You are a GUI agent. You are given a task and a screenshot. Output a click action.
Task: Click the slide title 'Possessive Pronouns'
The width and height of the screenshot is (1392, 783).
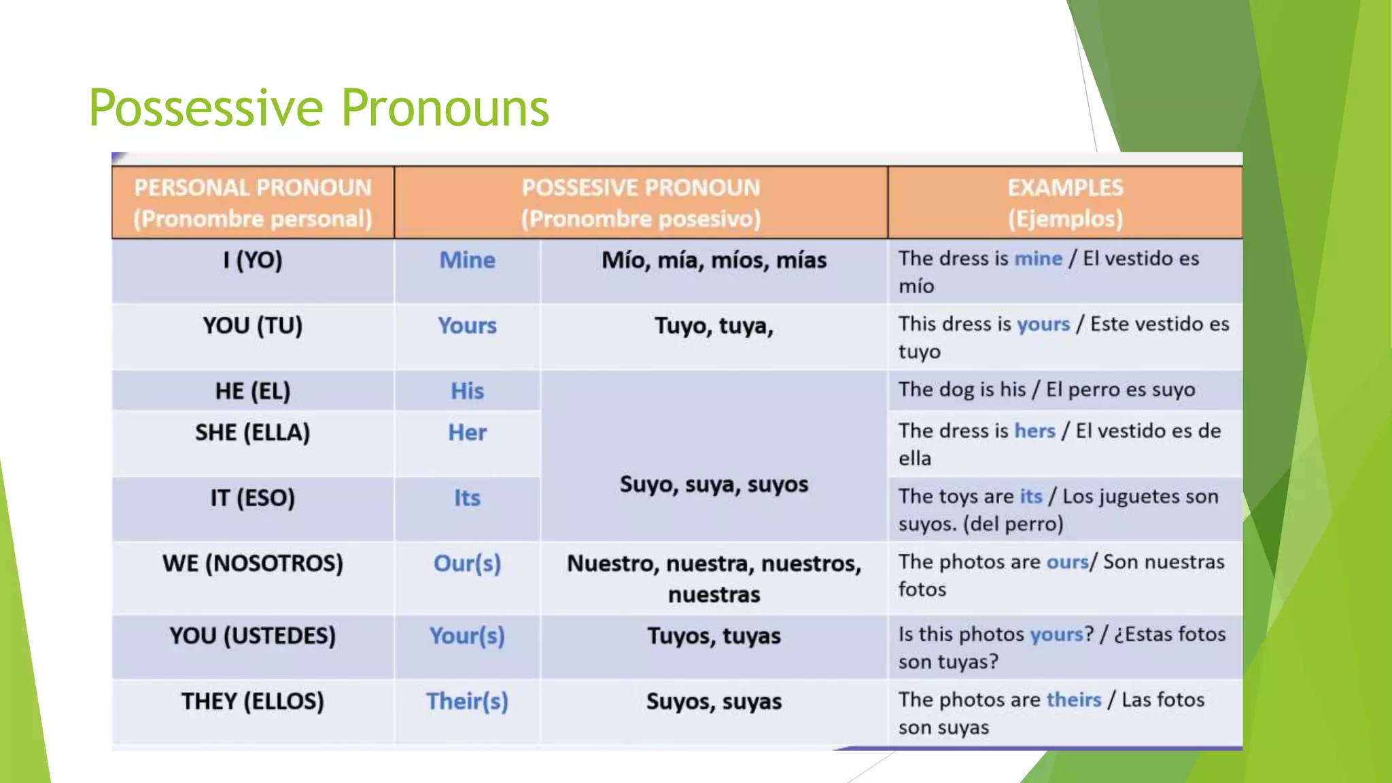318,108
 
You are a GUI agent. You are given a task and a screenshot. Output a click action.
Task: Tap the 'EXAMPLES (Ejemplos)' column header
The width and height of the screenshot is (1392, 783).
1064,203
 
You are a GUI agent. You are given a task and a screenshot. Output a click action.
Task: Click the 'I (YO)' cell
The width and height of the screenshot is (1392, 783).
253,260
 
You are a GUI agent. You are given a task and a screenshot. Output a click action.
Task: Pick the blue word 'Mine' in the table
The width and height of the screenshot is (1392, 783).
467,260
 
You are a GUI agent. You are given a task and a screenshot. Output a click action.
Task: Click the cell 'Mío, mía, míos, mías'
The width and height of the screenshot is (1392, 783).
714,260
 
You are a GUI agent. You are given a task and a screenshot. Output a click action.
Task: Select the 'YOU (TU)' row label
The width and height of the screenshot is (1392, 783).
253,326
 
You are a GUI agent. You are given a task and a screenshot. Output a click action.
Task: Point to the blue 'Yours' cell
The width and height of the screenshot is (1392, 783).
467,326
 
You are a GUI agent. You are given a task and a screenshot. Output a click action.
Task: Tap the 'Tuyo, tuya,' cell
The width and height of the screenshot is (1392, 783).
714,326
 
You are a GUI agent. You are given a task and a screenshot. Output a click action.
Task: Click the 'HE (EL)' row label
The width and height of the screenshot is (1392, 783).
253,391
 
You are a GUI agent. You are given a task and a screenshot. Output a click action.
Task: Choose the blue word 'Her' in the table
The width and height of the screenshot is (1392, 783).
467,432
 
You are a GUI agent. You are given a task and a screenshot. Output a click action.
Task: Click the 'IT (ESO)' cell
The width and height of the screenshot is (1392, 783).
253,498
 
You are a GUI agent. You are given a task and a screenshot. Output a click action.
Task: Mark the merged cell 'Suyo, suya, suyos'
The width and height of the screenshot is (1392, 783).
714,485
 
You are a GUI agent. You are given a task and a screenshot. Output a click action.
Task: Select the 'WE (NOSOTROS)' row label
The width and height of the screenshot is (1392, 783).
253,563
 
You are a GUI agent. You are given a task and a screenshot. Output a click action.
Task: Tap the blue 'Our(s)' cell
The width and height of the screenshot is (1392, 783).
467,563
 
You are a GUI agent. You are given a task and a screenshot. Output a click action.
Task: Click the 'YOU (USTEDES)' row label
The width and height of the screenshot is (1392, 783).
253,636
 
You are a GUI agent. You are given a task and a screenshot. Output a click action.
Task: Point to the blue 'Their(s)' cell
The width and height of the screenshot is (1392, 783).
467,701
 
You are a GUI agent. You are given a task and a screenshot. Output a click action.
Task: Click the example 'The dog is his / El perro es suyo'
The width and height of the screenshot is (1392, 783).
1046,389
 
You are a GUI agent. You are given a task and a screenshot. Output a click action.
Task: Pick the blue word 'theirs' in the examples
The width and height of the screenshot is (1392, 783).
1073,699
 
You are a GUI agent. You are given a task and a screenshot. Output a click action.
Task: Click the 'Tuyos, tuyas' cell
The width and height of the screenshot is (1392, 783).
714,636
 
